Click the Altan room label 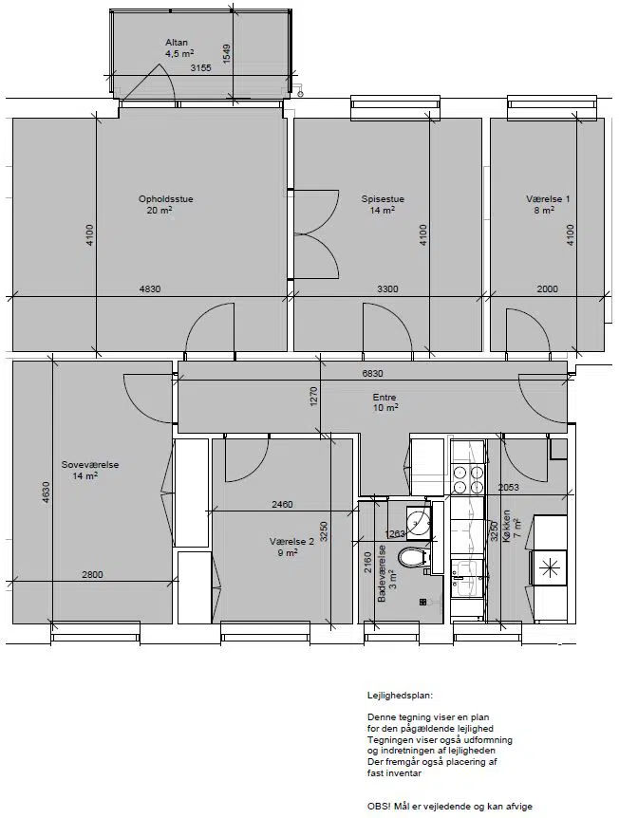(177, 43)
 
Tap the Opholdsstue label (166, 198)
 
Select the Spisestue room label (383, 198)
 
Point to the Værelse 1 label (548, 198)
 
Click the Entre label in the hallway (385, 398)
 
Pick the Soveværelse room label (90, 464)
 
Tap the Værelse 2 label (292, 542)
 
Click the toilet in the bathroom (414, 557)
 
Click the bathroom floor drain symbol (422, 602)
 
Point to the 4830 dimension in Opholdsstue (150, 289)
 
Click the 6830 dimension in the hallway (373, 374)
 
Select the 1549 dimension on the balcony (226, 54)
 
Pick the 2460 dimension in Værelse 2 (282, 505)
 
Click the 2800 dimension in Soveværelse (92, 575)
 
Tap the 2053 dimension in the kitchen (508, 488)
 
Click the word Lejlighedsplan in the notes (401, 696)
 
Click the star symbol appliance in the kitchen (549, 567)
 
